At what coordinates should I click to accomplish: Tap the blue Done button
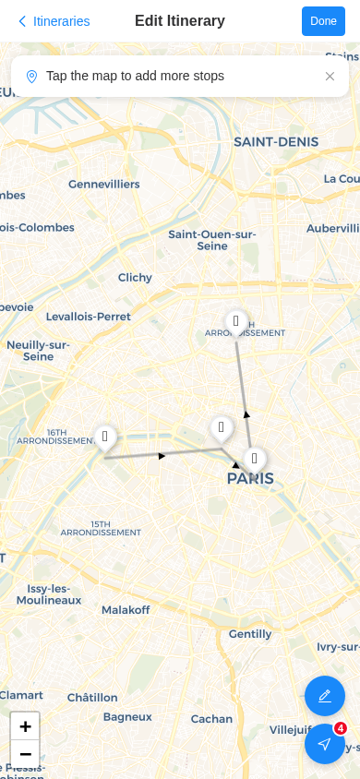click(x=323, y=21)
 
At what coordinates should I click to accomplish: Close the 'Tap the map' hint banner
click(x=330, y=77)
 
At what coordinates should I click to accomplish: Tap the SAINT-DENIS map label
click(x=276, y=142)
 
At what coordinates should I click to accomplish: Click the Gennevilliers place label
click(x=104, y=185)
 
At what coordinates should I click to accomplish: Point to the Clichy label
click(x=135, y=278)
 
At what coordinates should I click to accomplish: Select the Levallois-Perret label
click(x=89, y=317)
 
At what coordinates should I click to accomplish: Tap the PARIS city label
click(x=250, y=479)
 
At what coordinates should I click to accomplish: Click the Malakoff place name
click(x=126, y=610)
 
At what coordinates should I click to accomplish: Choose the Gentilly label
click(x=250, y=634)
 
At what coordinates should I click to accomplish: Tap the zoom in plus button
click(x=25, y=726)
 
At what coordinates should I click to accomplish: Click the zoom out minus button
click(x=25, y=754)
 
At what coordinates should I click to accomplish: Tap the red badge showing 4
click(x=341, y=728)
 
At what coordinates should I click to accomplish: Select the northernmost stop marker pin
click(x=236, y=322)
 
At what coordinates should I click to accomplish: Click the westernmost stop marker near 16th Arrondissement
click(x=105, y=437)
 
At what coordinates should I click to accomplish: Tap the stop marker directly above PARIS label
click(x=254, y=459)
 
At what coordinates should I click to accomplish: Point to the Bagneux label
click(x=127, y=717)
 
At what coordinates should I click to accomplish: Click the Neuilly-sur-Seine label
click(x=38, y=351)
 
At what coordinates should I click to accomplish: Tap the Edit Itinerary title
click(x=180, y=21)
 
